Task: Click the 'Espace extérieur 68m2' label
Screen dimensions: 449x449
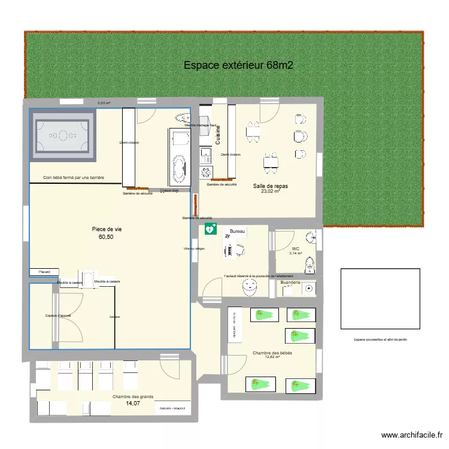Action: tap(238, 65)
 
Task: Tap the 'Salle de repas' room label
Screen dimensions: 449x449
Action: tap(270, 186)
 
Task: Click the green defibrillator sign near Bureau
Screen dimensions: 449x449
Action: tap(210, 228)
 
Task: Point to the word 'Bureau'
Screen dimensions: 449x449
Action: tap(238, 230)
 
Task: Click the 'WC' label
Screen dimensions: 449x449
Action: tap(295, 248)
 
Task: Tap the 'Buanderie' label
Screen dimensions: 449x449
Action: tap(294, 282)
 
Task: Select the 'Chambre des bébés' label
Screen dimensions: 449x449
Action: tap(272, 353)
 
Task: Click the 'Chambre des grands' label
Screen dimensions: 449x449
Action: tap(132, 396)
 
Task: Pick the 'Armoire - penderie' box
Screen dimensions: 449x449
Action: tap(171, 408)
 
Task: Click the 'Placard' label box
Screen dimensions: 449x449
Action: tap(44, 272)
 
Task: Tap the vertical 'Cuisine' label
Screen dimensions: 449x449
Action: tap(219, 135)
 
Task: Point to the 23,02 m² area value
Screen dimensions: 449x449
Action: tap(270, 192)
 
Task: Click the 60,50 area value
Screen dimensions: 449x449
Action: tap(106, 237)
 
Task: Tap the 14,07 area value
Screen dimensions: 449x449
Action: tap(132, 404)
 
